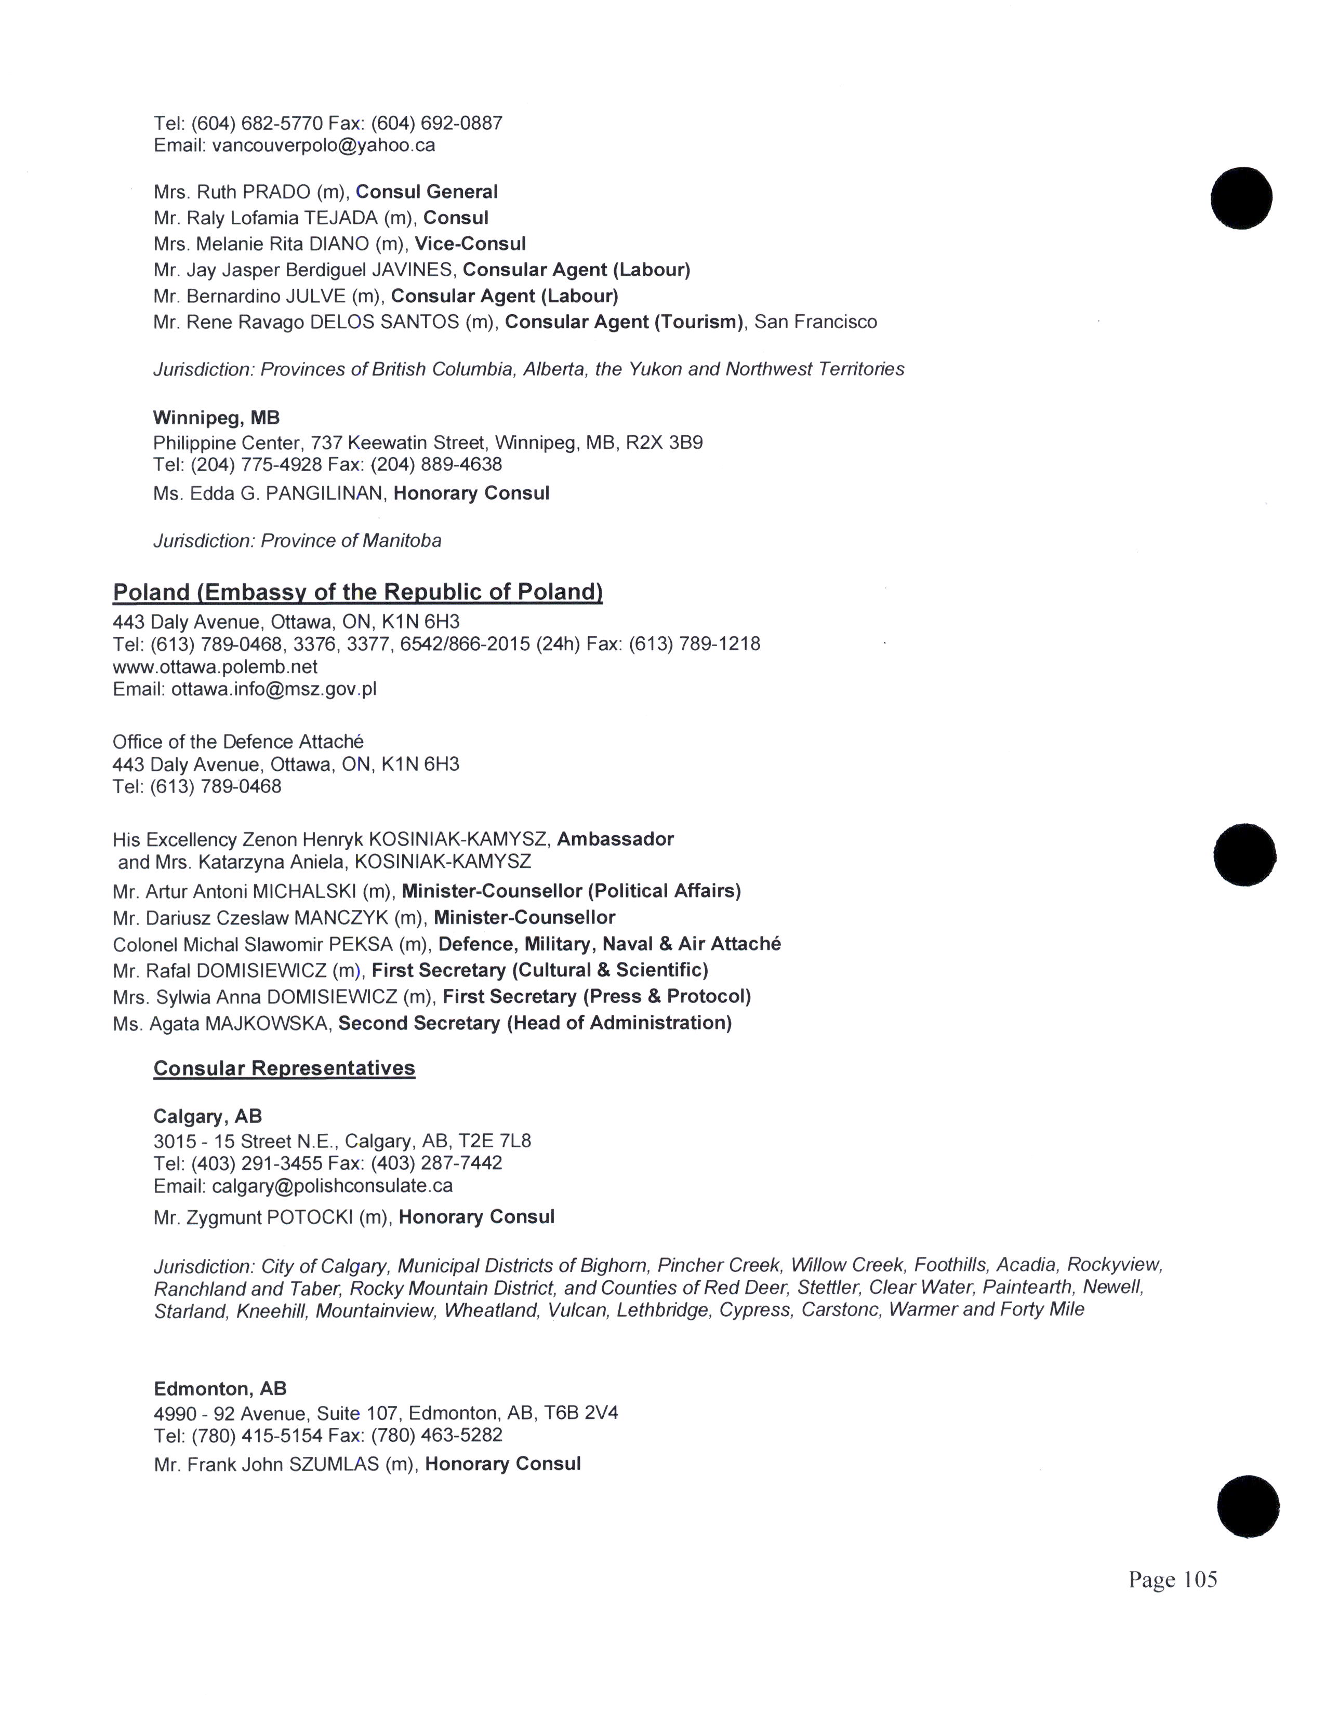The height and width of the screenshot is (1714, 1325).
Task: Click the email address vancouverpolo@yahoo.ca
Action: click(x=323, y=146)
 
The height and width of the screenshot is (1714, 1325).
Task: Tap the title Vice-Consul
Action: click(x=470, y=244)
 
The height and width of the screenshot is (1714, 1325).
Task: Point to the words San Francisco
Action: click(x=816, y=322)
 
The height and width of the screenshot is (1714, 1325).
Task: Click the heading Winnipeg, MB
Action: click(x=217, y=418)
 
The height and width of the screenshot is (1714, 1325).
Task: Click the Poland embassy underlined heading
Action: click(x=358, y=593)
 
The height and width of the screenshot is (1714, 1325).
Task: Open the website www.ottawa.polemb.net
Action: click(x=215, y=667)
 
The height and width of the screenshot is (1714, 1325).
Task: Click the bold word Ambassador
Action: click(x=615, y=839)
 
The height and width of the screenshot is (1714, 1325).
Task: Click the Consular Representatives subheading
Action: click(x=284, y=1068)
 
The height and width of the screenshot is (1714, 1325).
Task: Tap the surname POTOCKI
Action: click(x=310, y=1217)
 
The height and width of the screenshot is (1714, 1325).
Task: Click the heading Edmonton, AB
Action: click(x=220, y=1389)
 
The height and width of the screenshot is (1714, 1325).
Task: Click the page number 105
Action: click(x=1199, y=1580)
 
